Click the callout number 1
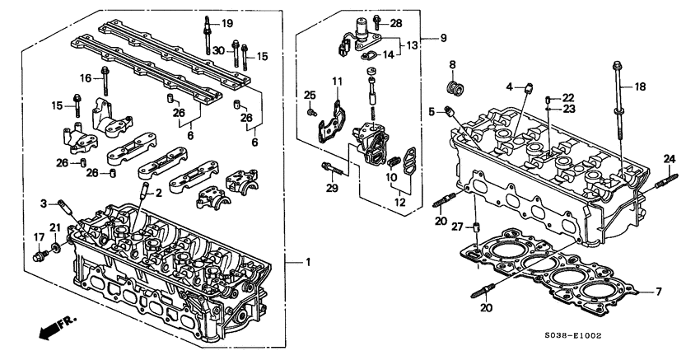(306, 262)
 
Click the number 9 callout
(443, 38)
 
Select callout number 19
(226, 22)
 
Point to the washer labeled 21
(54, 245)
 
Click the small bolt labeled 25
(311, 110)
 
